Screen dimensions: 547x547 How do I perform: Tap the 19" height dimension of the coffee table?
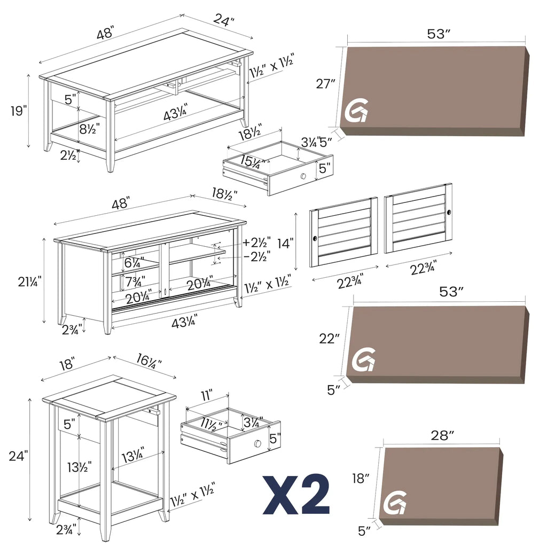[18, 111]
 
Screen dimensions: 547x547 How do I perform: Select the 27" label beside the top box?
[325, 84]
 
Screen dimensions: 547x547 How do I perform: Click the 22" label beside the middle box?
[330, 338]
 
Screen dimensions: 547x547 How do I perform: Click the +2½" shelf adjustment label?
[256, 241]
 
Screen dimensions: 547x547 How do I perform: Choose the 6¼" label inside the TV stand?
[132, 262]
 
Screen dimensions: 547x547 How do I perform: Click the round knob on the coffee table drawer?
[303, 176]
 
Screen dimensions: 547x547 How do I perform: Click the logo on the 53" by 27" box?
[355, 111]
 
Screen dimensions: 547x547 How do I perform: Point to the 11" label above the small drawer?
[207, 396]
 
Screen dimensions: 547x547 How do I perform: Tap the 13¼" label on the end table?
[132, 457]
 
